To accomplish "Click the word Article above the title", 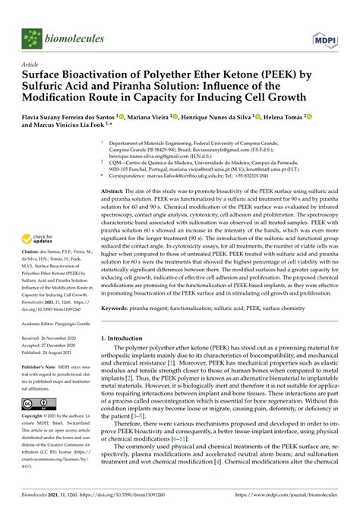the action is click(31, 65).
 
